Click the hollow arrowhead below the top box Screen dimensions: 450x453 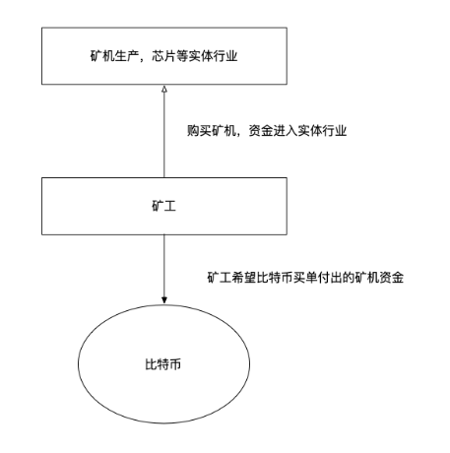[164, 89]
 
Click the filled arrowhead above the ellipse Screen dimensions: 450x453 [164, 300]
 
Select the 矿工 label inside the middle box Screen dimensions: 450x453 [163, 206]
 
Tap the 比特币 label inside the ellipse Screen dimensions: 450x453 [163, 364]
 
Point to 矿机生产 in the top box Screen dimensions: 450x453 [108, 56]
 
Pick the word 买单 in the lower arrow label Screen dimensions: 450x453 [305, 278]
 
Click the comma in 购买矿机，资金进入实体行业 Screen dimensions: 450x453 [241, 135]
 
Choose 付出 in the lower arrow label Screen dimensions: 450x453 [330, 278]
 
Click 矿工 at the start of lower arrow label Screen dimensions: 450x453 [220, 278]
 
